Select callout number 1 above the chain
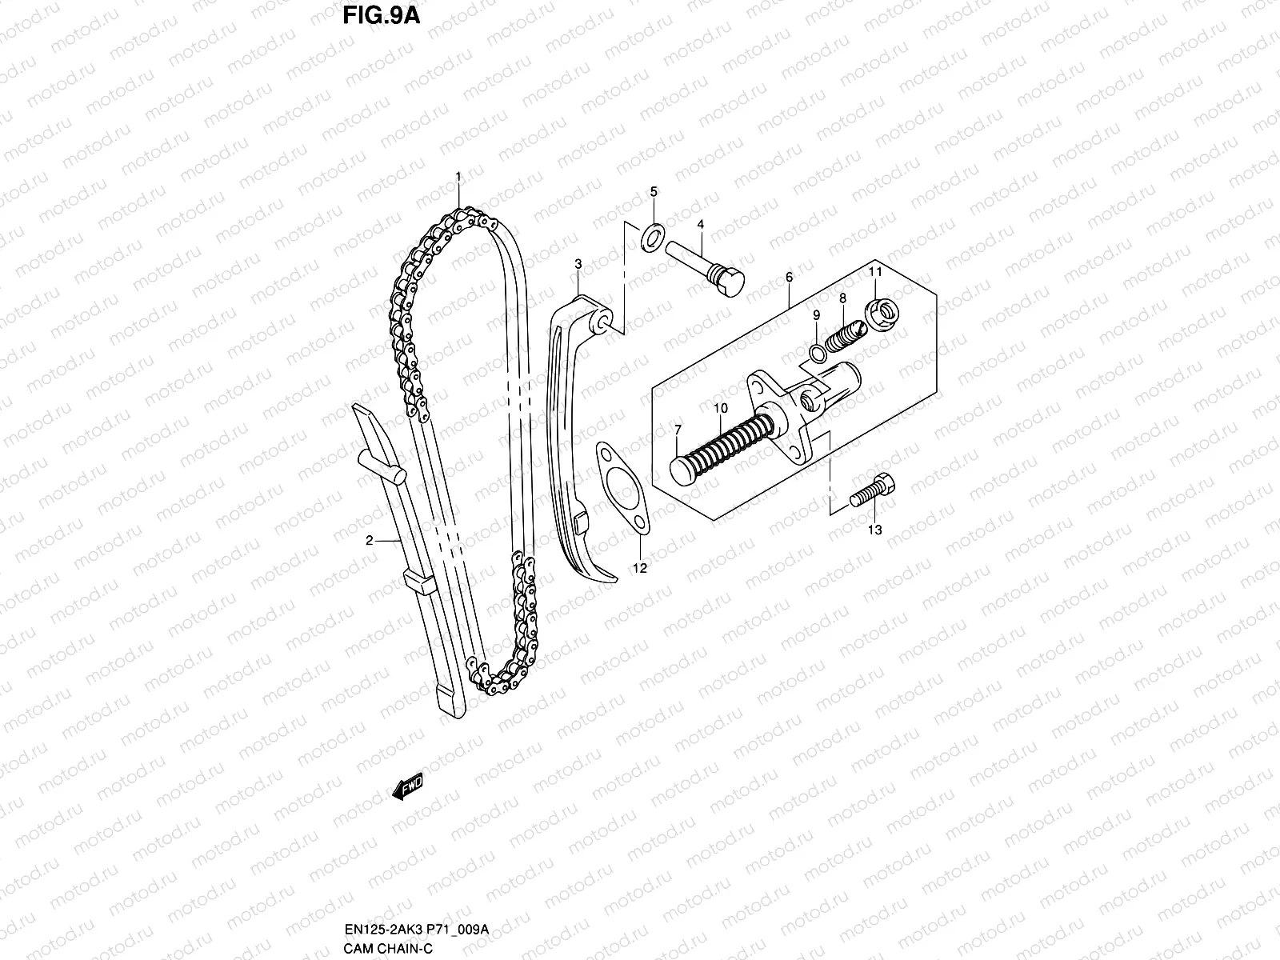[458, 176]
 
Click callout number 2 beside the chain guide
[370, 541]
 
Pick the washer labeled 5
[653, 234]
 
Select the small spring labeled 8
[845, 334]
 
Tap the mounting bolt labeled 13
[874, 489]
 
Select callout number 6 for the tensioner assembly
[789, 277]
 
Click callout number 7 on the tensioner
[677, 430]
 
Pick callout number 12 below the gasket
[640, 568]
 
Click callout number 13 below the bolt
[874, 530]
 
